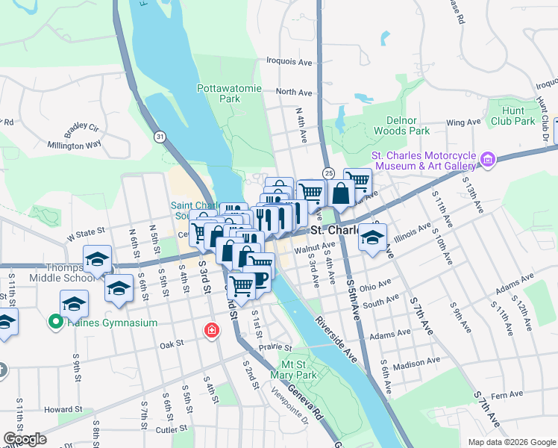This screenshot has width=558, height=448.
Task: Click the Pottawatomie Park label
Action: coord(229,93)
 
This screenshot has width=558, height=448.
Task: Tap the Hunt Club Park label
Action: coord(515,116)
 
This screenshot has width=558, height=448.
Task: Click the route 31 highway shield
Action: coord(159,137)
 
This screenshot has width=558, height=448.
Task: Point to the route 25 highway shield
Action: coord(329,172)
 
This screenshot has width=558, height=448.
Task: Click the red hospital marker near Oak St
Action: coord(213,330)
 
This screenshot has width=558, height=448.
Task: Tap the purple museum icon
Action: coord(488,158)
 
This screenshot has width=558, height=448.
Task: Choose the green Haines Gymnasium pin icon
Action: coord(54,323)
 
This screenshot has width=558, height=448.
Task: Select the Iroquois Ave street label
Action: coord(294,63)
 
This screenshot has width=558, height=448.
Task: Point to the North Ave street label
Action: coord(294,92)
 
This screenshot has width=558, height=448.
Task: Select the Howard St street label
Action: coord(63,409)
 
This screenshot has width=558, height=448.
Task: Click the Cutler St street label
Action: coord(172,431)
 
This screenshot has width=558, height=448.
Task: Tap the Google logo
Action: coord(25,439)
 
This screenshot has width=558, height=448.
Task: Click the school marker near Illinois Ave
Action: coord(372,239)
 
